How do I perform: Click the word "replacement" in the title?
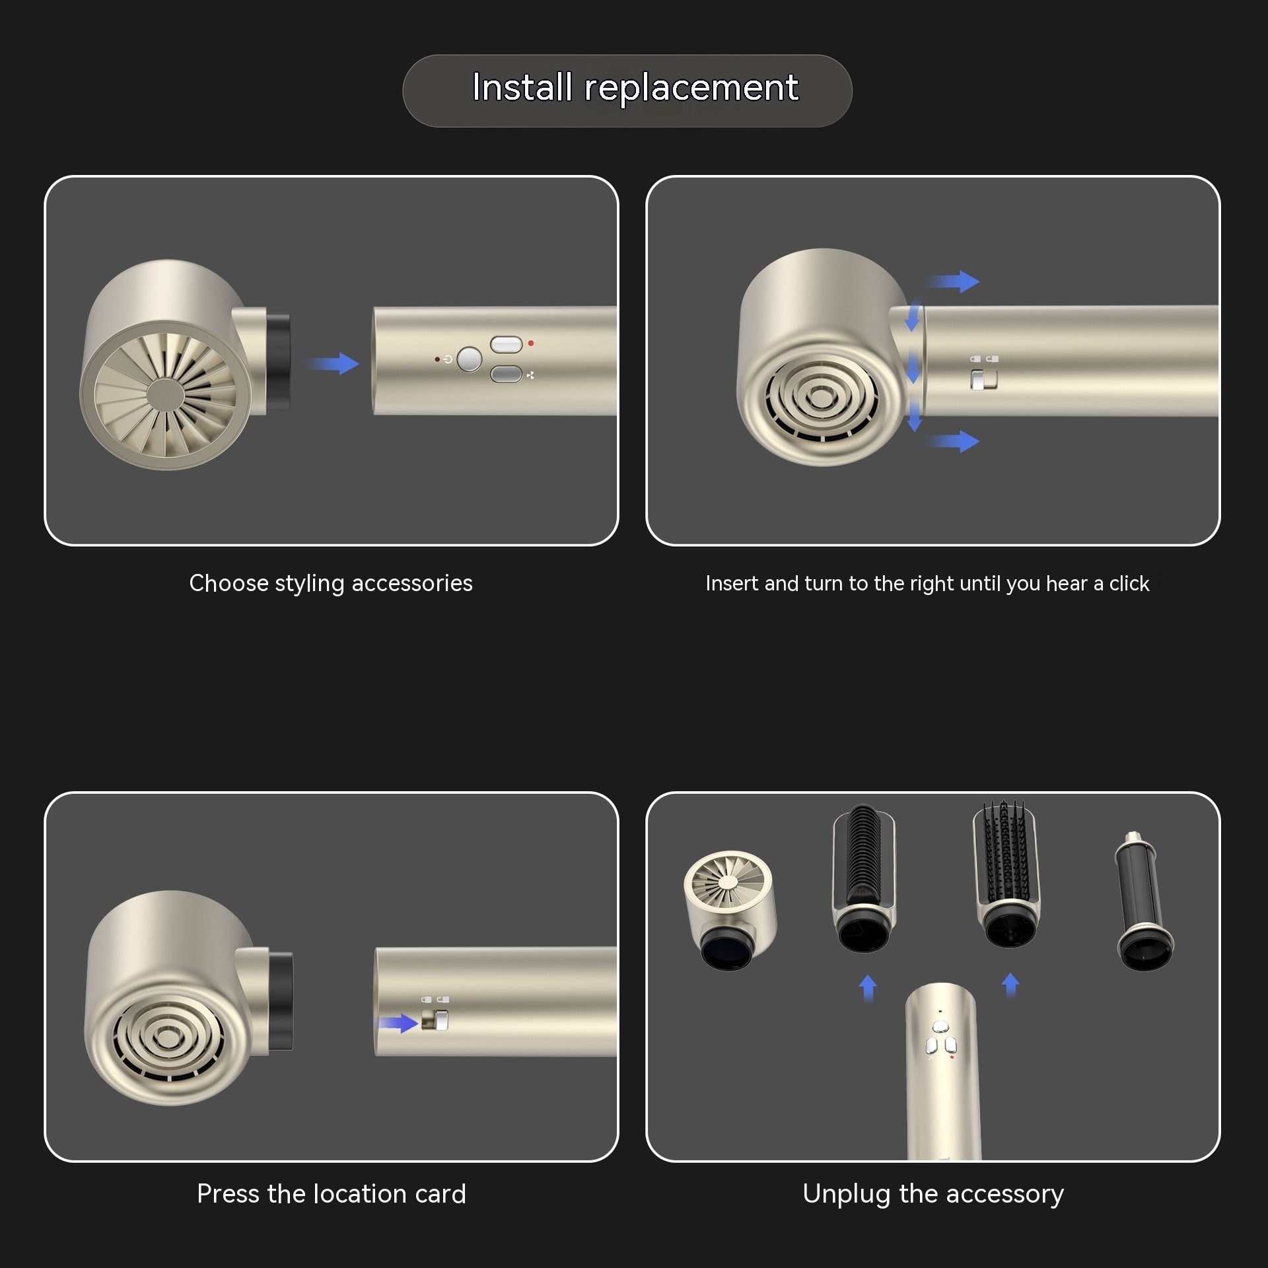691,87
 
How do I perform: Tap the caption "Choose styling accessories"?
331,583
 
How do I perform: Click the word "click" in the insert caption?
1129,584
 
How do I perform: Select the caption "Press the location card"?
331,1194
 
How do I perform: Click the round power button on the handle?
470,359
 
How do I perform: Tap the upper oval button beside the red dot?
507,344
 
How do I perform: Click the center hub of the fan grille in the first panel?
165,395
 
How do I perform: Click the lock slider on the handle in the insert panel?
983,380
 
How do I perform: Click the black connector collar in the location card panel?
281,1001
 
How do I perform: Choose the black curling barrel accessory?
1143,901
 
